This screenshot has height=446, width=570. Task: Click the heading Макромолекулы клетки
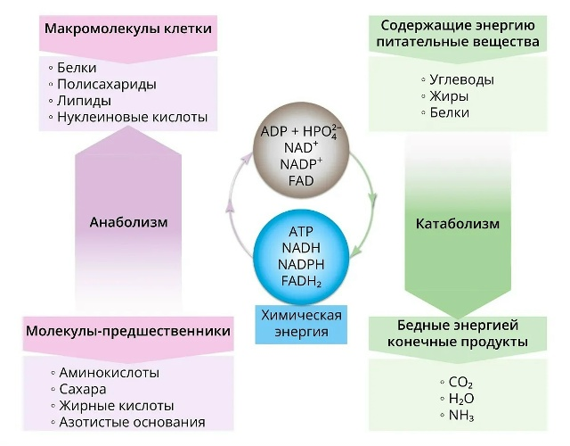tap(128, 29)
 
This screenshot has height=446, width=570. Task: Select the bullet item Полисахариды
tap(107, 84)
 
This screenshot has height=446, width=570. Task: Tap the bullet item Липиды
tap(84, 101)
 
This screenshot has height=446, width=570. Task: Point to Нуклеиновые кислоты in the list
tap(133, 117)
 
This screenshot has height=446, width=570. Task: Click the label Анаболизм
tap(128, 222)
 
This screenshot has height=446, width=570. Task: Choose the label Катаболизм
tap(458, 224)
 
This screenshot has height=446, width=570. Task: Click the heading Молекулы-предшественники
tap(128, 331)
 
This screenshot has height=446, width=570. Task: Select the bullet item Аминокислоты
tap(109, 373)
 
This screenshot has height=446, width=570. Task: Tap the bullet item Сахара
tap(83, 389)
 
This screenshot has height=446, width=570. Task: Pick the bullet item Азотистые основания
tap(132, 422)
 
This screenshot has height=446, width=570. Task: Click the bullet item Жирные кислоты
tap(117, 406)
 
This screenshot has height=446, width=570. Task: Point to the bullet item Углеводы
tap(461, 79)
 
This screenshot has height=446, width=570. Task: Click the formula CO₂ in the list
tap(460, 383)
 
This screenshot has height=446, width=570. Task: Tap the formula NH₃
tap(461, 415)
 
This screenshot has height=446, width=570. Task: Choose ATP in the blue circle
tap(301, 232)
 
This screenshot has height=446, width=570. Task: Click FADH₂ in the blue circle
tap(301, 281)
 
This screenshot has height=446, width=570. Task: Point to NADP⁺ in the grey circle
tap(301, 164)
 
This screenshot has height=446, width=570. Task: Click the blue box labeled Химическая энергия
tap(301, 324)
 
